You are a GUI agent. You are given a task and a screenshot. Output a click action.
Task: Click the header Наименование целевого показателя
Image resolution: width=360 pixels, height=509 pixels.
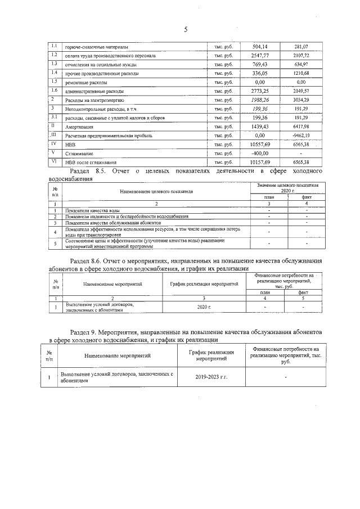point(152,191)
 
